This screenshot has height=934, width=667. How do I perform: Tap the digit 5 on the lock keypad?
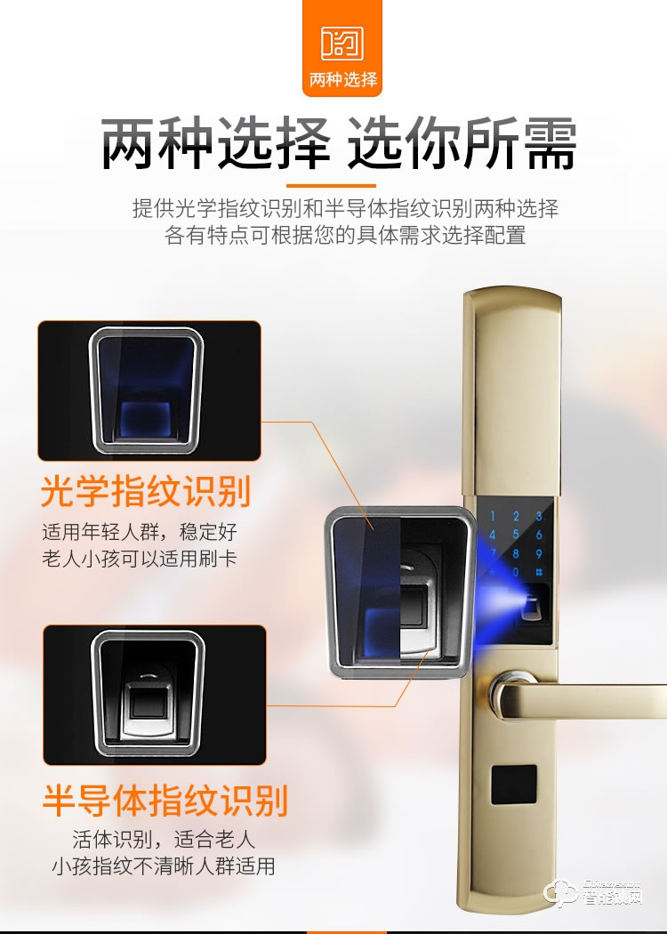(516, 535)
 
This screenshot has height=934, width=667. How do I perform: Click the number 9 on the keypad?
(538, 553)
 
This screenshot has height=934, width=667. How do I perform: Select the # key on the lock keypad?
(538, 572)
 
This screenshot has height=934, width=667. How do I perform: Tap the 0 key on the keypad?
(516, 572)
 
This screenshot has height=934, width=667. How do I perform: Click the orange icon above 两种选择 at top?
(342, 43)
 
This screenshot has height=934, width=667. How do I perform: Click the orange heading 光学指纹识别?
(146, 491)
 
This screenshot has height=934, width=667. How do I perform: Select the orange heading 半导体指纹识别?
(165, 800)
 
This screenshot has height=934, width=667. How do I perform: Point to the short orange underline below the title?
(331, 186)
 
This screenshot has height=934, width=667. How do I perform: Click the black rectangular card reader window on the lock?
(514, 785)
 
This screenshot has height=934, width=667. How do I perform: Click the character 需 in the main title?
(550, 143)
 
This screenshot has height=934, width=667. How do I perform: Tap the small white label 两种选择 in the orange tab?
(343, 79)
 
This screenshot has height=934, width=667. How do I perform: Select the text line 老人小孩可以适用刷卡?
(140, 559)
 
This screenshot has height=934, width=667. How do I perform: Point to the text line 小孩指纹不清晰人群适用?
(163, 866)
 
